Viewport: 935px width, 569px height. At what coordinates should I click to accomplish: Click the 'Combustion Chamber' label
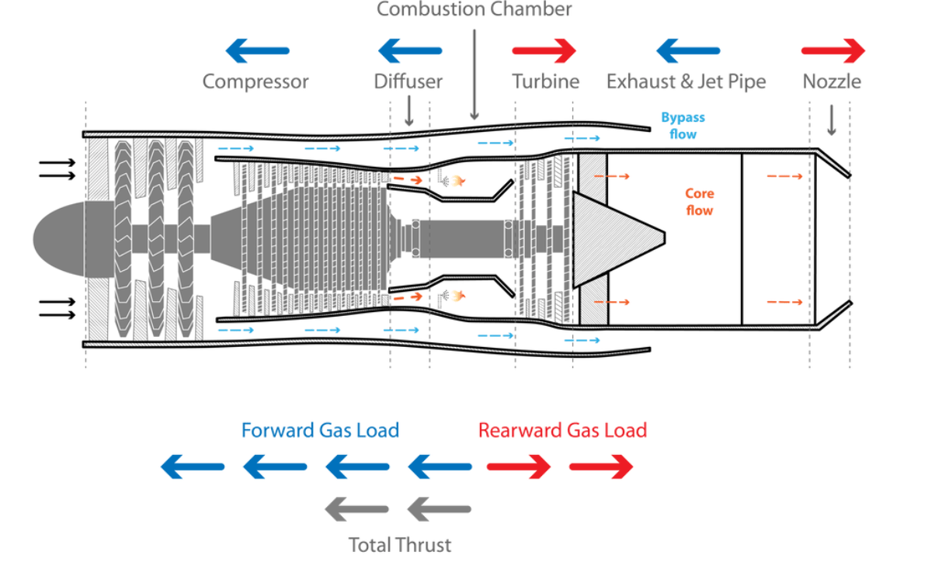click(x=474, y=9)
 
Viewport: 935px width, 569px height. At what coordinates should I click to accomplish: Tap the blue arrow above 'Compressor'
click(x=257, y=51)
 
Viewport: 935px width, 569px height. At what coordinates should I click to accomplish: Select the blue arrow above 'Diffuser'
click(x=410, y=51)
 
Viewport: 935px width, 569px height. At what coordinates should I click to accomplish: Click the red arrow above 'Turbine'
click(x=544, y=51)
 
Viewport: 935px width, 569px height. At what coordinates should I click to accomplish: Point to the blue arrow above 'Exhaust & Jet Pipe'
click(x=688, y=51)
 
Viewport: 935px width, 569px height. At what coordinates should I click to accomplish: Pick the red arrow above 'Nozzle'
click(x=833, y=51)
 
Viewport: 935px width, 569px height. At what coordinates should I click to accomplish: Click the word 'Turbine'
click(x=546, y=82)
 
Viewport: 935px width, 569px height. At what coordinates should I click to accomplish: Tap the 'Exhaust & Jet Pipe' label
click(x=686, y=82)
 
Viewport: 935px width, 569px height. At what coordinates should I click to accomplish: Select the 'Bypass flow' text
click(x=683, y=126)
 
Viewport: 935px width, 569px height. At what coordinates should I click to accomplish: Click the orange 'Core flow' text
click(x=700, y=202)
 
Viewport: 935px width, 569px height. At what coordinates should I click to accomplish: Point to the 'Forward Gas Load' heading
click(x=320, y=430)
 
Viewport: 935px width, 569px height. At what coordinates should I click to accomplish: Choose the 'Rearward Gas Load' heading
click(x=563, y=430)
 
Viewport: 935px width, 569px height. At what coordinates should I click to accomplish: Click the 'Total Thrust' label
click(x=400, y=545)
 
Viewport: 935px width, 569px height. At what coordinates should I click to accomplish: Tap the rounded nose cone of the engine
click(x=58, y=239)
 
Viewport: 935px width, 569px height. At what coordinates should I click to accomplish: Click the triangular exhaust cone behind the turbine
click(x=619, y=239)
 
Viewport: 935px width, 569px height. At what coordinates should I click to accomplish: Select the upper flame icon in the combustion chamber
click(x=458, y=181)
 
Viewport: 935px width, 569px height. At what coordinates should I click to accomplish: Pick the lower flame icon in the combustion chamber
click(x=458, y=296)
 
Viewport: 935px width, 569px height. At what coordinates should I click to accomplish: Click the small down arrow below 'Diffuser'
click(x=409, y=111)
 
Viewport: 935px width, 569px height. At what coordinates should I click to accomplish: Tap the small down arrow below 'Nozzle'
click(x=832, y=120)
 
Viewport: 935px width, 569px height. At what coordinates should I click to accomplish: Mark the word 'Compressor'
click(x=255, y=82)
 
